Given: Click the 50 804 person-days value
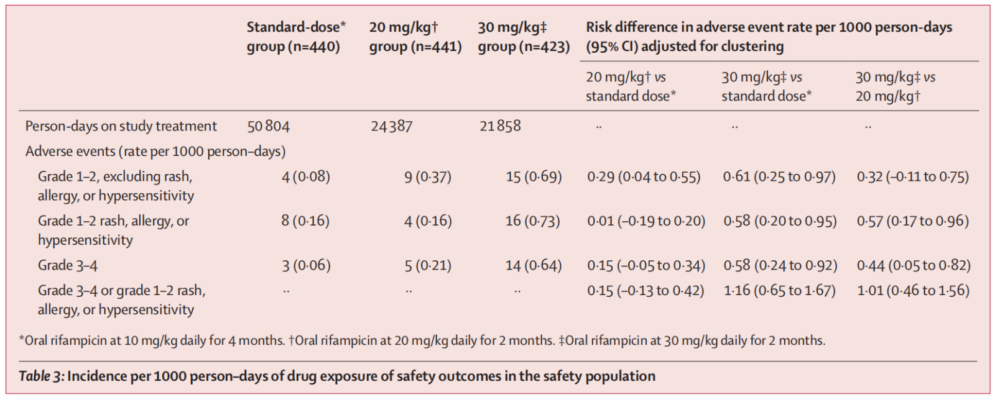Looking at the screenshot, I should click(x=269, y=127).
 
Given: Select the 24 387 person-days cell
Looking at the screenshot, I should click(x=391, y=127).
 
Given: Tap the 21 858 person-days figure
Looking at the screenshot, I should click(x=500, y=126).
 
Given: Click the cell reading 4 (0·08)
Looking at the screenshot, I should click(x=305, y=177).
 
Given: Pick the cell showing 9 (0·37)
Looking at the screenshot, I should click(x=428, y=177).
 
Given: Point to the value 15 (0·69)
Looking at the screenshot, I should click(x=534, y=177).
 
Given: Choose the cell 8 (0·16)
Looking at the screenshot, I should click(x=305, y=221).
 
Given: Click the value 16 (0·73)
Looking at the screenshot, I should click(x=533, y=221).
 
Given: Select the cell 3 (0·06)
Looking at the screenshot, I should click(x=306, y=266).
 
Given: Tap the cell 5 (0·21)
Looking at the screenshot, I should click(x=428, y=266).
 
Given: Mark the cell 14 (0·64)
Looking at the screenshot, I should click(x=534, y=266).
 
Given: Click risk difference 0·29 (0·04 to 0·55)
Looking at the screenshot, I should click(x=644, y=177).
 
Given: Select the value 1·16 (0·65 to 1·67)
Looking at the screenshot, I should click(x=779, y=291).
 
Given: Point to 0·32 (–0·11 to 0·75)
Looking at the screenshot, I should click(x=912, y=177).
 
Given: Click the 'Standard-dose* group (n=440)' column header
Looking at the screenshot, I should click(x=295, y=37).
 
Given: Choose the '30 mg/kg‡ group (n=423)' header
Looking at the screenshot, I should click(x=524, y=37).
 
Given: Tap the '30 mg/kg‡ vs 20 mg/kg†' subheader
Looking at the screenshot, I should click(x=895, y=86).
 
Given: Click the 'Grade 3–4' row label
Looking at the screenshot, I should click(x=68, y=266).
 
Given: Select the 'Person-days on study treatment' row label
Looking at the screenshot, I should click(x=121, y=127).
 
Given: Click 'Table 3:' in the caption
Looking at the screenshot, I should click(x=41, y=376).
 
